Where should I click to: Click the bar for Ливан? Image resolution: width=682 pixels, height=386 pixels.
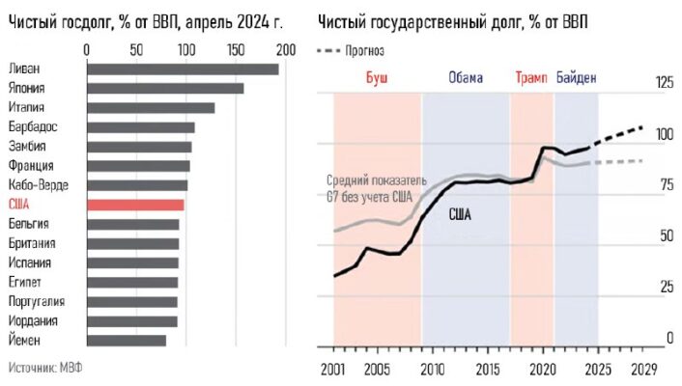pyautogui.click(x=184, y=69)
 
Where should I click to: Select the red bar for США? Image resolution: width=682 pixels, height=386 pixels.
pyautogui.click(x=135, y=205)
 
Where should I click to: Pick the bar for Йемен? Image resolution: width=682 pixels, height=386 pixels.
pyautogui.click(x=127, y=340)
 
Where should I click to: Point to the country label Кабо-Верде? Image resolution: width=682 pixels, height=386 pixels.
pyautogui.click(x=38, y=185)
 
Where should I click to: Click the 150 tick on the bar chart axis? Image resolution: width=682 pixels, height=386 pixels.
pyautogui.click(x=236, y=48)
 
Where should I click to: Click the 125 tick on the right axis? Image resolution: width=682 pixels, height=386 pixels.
pyautogui.click(x=664, y=83)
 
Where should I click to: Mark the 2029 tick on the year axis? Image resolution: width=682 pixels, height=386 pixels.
pyautogui.click(x=643, y=369)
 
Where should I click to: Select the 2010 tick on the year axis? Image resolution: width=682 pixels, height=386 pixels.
pyautogui.click(x=432, y=369)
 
